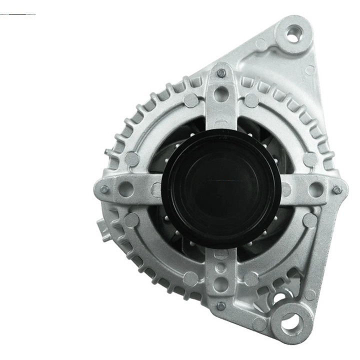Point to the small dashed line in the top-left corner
[17, 14]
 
